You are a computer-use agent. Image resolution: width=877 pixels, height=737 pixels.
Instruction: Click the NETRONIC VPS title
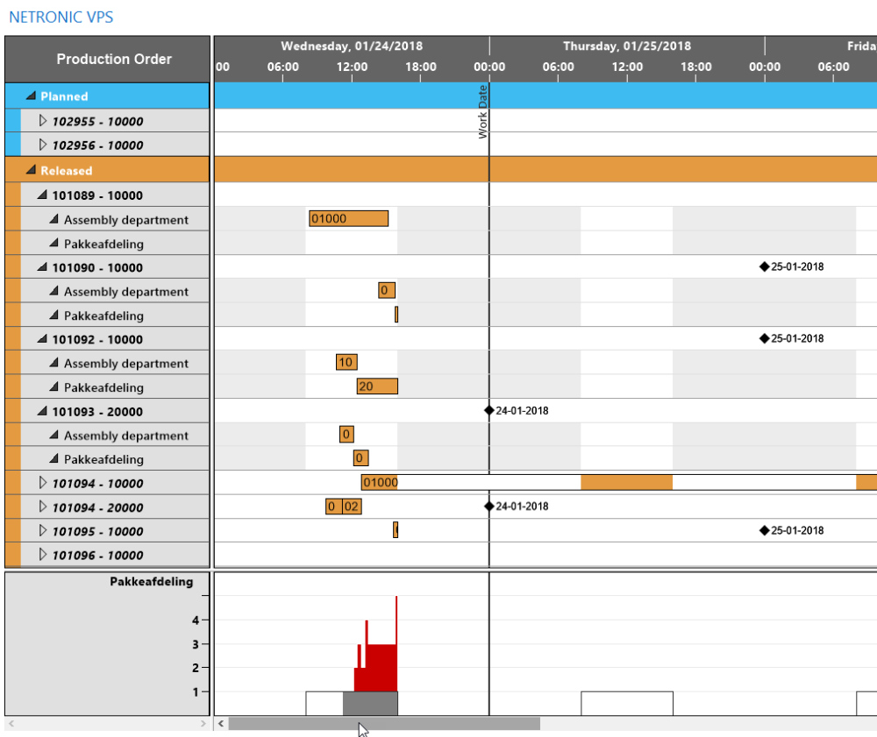(x=61, y=18)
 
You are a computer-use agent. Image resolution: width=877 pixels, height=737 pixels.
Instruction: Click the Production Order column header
(x=114, y=60)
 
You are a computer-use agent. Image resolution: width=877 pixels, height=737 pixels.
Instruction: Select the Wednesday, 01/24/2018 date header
(x=351, y=46)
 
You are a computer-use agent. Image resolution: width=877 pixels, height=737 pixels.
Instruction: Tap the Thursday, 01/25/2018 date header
(x=626, y=46)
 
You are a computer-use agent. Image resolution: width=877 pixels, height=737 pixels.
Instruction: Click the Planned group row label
(x=64, y=96)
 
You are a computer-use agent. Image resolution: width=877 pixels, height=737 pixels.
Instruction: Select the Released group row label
(x=66, y=171)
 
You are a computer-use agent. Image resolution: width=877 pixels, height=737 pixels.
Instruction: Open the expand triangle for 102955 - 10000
(x=44, y=121)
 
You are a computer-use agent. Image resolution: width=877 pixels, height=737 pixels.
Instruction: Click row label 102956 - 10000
(x=97, y=145)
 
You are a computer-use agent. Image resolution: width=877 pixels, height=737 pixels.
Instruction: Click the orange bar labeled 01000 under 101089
(x=348, y=219)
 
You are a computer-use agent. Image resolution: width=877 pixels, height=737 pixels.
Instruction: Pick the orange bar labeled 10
(x=346, y=363)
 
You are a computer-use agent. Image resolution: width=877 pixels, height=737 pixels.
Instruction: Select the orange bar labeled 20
(x=377, y=386)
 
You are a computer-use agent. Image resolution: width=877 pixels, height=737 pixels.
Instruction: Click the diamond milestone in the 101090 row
(x=764, y=267)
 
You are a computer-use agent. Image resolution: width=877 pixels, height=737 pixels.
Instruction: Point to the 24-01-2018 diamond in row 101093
(x=489, y=410)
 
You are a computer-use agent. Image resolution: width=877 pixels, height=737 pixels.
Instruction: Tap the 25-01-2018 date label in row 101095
(x=797, y=530)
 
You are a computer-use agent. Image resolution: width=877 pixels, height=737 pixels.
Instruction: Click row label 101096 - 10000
(x=97, y=555)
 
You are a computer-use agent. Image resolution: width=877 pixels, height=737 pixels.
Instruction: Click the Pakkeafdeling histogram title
(x=151, y=581)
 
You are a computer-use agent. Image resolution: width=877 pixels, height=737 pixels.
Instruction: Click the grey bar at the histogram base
(x=369, y=703)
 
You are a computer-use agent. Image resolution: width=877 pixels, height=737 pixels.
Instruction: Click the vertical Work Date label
(x=482, y=112)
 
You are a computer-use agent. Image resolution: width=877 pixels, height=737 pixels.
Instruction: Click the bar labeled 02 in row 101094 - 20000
(x=352, y=507)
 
